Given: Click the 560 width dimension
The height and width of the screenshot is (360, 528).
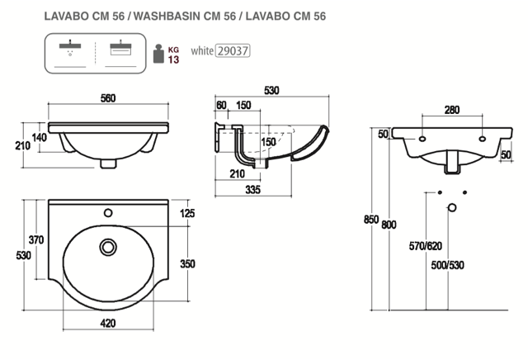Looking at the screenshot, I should tap(107, 98).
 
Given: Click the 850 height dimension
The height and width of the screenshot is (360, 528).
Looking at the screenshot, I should tap(372, 220).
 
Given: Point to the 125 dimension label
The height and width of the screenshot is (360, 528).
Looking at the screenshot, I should tap(187, 215).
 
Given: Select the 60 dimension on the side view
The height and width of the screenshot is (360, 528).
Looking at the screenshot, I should tap(220, 107).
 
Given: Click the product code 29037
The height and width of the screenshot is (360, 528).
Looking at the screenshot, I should tap(232, 50).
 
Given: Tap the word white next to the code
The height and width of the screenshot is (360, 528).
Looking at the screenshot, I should tap(201, 51).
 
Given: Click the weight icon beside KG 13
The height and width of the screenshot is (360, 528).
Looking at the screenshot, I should tap(159, 54).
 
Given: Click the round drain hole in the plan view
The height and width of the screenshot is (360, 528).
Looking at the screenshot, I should tap(106, 246).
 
